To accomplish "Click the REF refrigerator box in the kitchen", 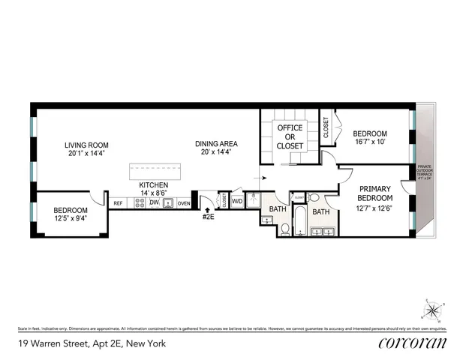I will click(118, 202).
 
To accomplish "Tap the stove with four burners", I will click(138, 202).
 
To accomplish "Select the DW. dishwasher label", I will click(154, 202).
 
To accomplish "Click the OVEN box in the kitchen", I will click(184, 202).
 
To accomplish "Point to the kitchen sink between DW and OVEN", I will click(168, 202).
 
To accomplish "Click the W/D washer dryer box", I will click(236, 201).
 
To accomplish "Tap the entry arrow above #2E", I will click(208, 210).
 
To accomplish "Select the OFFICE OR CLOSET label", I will click(290, 136).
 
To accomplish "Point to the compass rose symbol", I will click(434, 310).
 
